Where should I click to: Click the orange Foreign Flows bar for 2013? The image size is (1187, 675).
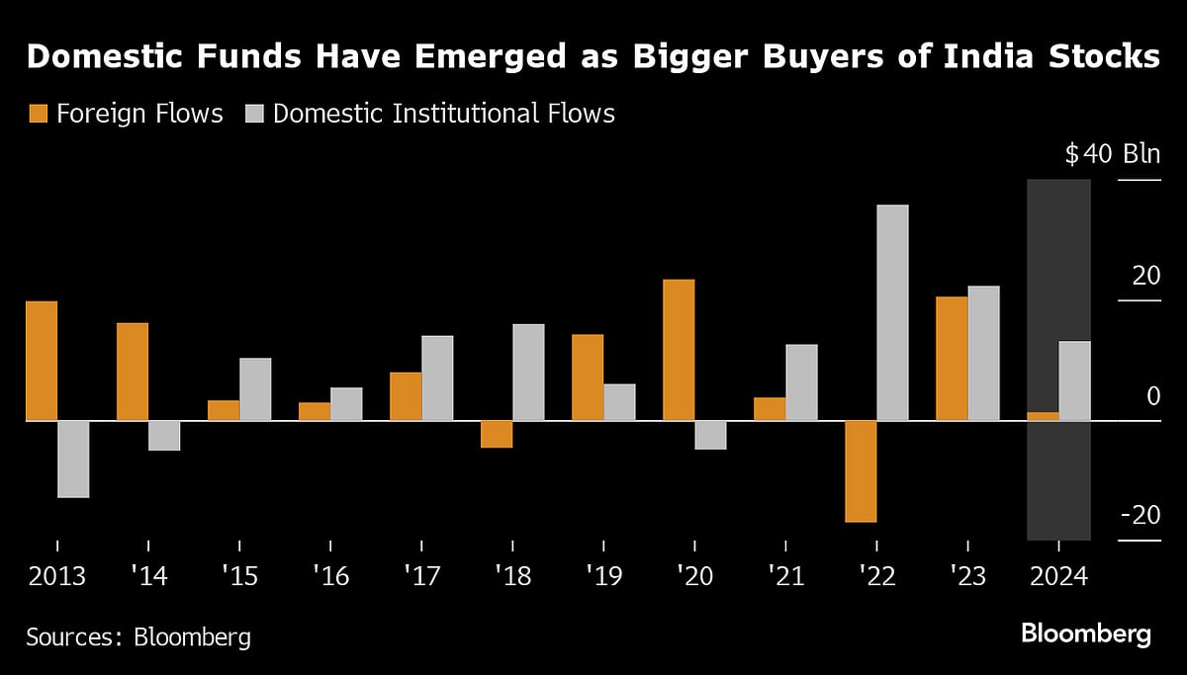[x=42, y=361]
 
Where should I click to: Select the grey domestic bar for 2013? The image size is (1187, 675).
[x=73, y=459]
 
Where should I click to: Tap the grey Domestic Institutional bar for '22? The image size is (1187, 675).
[x=892, y=312]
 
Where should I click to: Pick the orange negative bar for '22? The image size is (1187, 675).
[x=861, y=470]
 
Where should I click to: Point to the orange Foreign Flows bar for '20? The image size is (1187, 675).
[x=679, y=350]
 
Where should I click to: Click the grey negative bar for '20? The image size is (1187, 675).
[x=710, y=435]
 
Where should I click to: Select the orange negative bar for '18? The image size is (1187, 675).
[x=497, y=434]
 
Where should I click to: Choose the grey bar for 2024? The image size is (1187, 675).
[x=1074, y=380]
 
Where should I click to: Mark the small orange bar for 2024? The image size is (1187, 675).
[x=1043, y=416]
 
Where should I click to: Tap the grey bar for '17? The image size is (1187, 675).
[x=437, y=378]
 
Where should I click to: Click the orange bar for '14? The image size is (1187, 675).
[x=133, y=372]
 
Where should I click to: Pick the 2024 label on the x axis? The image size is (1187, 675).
[x=1058, y=576]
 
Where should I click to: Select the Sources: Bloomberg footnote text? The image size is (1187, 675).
[x=137, y=636]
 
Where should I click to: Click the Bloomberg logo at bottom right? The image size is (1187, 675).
[x=1085, y=633]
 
